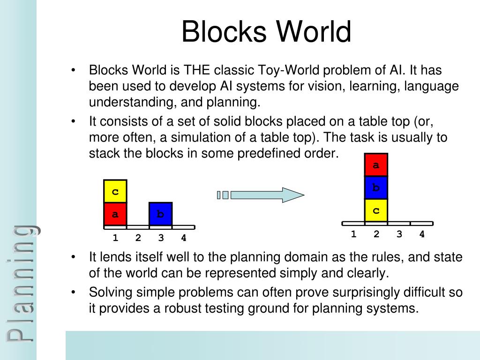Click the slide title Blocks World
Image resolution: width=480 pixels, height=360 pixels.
(x=266, y=32)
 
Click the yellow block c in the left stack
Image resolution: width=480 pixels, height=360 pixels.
(x=115, y=192)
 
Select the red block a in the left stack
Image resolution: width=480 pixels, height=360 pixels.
(x=115, y=214)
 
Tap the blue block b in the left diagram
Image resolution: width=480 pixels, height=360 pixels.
(x=160, y=214)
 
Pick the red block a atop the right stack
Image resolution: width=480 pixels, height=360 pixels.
(x=376, y=165)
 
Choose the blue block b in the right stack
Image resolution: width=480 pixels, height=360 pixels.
(x=376, y=187)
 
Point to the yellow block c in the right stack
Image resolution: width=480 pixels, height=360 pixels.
(x=376, y=210)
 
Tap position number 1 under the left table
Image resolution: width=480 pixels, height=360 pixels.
(x=115, y=238)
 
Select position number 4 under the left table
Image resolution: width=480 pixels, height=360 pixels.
(x=184, y=238)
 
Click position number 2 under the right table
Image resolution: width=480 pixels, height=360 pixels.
(x=376, y=234)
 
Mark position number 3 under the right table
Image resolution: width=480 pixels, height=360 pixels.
(x=399, y=234)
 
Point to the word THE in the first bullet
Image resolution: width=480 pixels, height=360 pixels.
(x=197, y=71)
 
